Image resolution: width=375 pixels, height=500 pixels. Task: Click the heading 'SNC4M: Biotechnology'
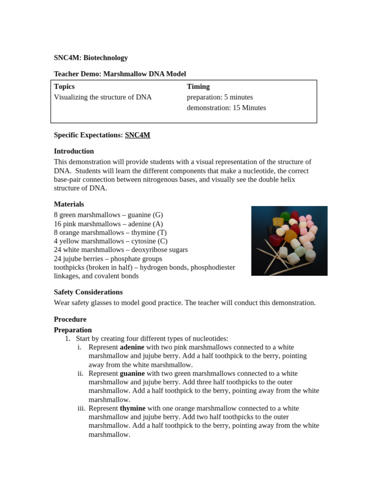91,58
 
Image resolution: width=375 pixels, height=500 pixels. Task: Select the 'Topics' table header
64,86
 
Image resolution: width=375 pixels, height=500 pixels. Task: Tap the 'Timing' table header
198,86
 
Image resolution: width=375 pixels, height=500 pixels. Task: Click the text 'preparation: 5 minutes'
220,97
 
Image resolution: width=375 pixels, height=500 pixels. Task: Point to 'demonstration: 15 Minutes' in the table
226,108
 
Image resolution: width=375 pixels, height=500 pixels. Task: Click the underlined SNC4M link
138,135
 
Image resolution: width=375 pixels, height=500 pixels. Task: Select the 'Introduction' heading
74,151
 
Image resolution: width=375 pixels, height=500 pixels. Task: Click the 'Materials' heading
69,204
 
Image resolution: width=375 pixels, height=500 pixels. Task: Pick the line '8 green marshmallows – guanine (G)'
108,215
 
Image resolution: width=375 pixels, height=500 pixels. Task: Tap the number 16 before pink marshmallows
58,224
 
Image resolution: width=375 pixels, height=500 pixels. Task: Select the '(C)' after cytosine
163,241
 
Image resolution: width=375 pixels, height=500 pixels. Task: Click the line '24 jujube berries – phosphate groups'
108,259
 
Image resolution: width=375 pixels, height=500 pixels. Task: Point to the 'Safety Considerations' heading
88,292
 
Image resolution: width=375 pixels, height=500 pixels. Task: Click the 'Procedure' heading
70,319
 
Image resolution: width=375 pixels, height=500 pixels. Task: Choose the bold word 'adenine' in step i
132,347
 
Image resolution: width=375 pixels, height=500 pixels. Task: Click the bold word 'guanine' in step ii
132,374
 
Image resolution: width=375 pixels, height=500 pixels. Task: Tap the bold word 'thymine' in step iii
132,408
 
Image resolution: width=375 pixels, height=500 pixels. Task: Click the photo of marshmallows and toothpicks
289,241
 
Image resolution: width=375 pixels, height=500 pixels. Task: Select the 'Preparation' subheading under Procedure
73,330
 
